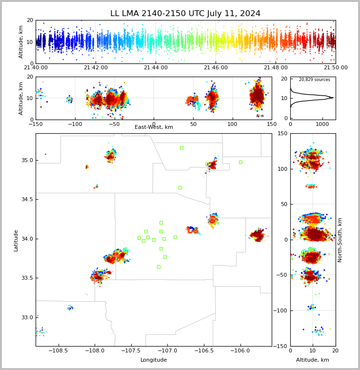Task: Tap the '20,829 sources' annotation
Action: click(315, 80)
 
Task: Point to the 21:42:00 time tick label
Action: click(96, 67)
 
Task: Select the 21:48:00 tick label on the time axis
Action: click(276, 67)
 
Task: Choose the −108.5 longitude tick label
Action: click(58, 350)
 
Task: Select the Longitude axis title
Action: click(154, 360)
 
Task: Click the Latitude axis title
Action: click(16, 241)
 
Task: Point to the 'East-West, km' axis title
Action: click(154, 127)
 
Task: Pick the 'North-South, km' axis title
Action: click(340, 240)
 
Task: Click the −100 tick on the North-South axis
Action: click(281, 310)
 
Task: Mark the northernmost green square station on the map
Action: click(182, 148)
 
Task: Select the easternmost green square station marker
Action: click(240, 163)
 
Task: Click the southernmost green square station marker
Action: click(159, 267)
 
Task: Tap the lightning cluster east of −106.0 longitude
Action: click(258, 235)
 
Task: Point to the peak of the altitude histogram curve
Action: click(333, 98)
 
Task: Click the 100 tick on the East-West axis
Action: click(233, 124)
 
